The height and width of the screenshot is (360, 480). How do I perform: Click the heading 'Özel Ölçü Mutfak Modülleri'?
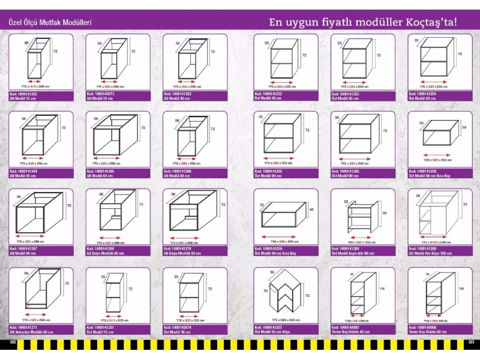(49, 22)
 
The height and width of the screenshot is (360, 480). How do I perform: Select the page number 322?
(13, 343)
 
